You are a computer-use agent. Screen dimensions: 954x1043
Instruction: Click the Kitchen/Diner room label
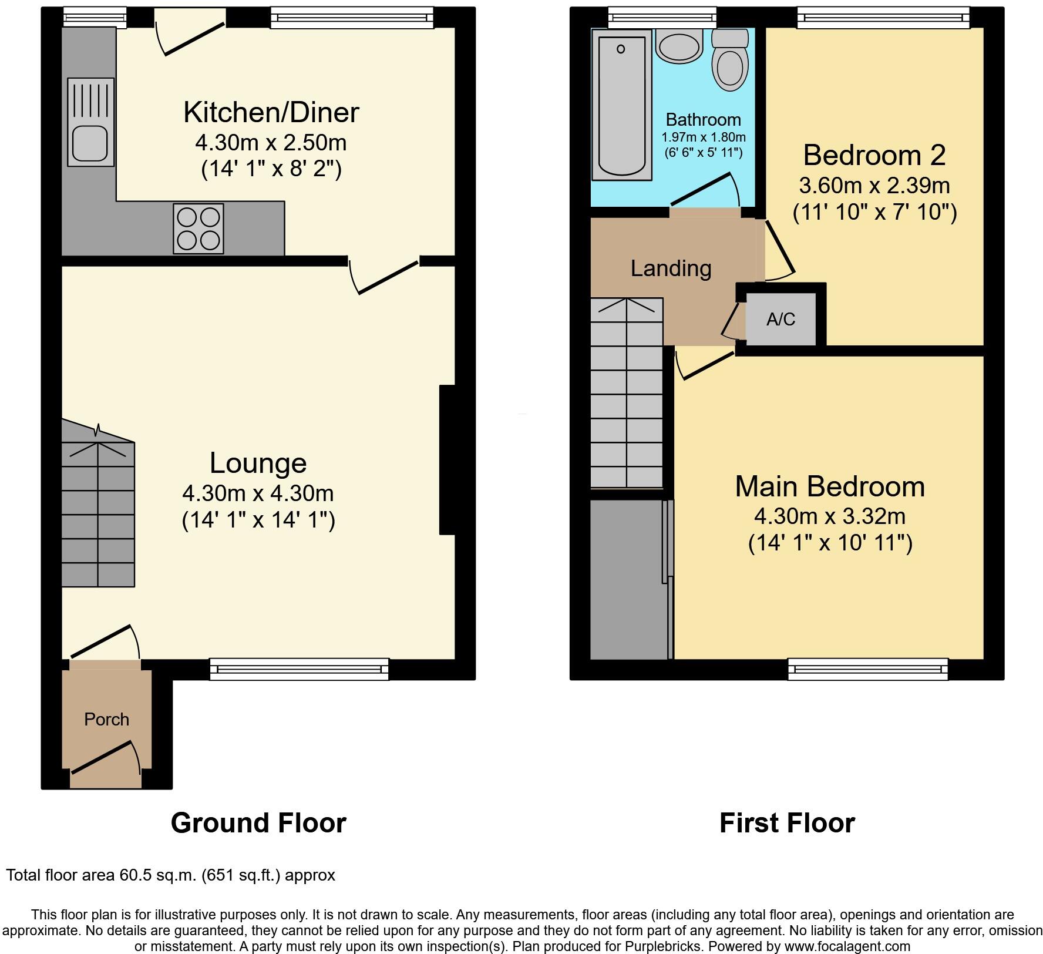point(271,112)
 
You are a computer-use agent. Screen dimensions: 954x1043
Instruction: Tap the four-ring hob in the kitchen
point(198,228)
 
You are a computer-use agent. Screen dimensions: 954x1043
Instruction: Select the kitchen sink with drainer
point(90,122)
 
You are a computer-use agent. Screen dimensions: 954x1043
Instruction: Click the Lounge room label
point(258,463)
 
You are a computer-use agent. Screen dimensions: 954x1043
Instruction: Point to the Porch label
point(106,719)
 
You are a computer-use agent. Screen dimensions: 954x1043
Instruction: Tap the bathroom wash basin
point(679,45)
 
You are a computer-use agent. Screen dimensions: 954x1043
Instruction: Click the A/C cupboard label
point(780,319)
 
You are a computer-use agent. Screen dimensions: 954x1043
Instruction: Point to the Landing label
point(671,268)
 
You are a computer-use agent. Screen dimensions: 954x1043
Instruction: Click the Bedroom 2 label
point(874,155)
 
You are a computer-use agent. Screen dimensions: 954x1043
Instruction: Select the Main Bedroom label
point(830,486)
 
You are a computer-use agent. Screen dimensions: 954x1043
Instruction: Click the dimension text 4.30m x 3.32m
point(830,516)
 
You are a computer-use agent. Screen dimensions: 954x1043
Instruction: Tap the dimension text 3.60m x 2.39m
point(874,185)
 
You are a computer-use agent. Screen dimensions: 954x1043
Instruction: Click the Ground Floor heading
point(258,822)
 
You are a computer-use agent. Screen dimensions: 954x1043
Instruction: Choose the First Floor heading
point(787,822)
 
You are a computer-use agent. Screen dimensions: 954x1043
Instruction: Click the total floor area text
point(170,875)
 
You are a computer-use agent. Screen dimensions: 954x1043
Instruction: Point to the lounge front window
point(299,669)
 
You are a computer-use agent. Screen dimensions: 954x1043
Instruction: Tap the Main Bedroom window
point(867,669)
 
